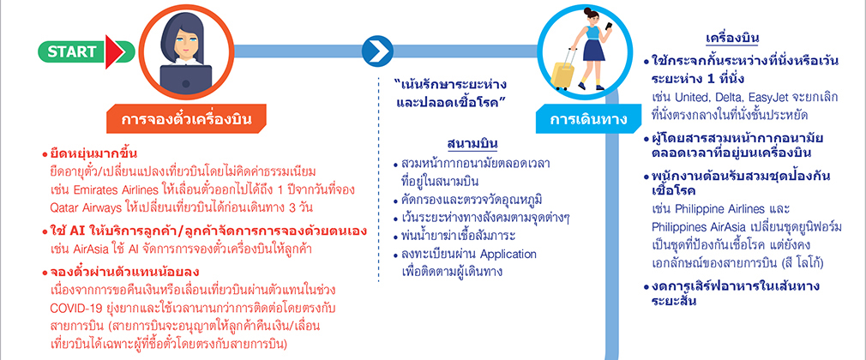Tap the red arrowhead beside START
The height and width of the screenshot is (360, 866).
[114, 52]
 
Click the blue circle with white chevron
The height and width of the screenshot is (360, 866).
[377, 51]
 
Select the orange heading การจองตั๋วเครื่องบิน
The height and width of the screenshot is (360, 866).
[186, 118]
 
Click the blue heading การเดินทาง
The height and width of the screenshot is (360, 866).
[587, 119]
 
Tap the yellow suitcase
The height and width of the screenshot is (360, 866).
[563, 69]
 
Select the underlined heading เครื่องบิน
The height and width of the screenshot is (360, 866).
[732, 39]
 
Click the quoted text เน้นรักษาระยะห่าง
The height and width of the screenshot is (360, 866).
[451, 86]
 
